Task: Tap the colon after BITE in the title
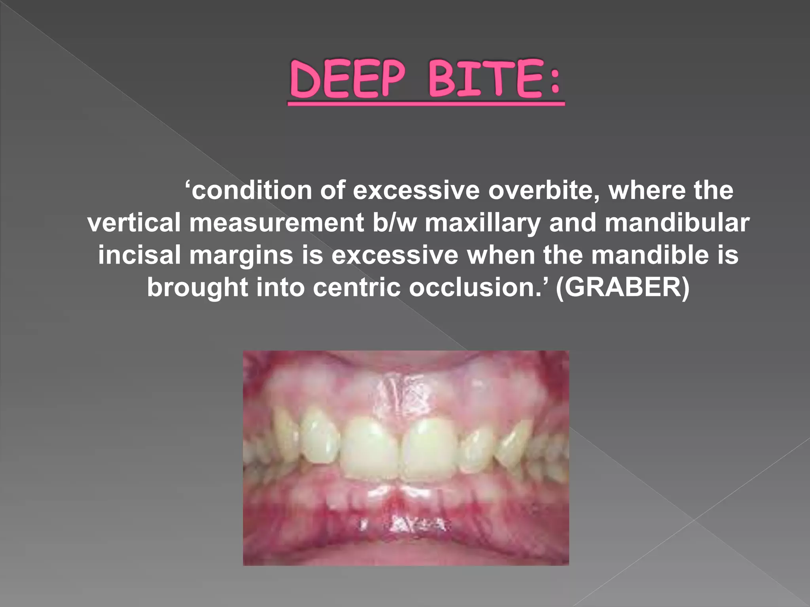coord(555,81)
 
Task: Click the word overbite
coord(543,191)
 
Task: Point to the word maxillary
coord(483,223)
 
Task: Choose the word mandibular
coord(677,223)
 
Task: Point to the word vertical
coord(134,223)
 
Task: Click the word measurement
coord(276,223)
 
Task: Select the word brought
coord(197,287)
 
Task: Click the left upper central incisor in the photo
coord(370,451)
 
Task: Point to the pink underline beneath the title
coord(426,104)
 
